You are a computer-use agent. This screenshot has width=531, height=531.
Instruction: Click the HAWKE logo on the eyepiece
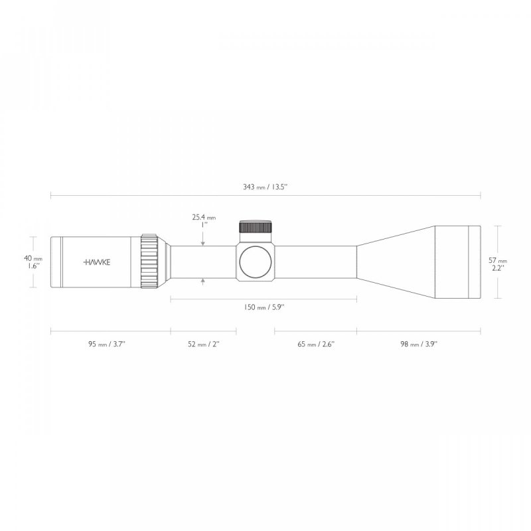pos(97,262)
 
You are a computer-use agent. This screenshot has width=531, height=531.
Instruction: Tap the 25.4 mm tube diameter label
pos(204,217)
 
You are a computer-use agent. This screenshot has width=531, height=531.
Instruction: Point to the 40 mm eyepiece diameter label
pos(34,258)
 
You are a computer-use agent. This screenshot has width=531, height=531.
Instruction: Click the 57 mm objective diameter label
pos(497,261)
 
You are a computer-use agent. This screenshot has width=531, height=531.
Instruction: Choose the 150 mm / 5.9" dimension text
pos(264,307)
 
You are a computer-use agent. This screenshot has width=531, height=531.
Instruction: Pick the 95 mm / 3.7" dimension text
pos(110,344)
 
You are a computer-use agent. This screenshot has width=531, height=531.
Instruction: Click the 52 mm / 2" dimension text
pos(203,344)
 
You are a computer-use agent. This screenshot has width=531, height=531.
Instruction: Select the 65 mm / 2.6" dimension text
pos(316,344)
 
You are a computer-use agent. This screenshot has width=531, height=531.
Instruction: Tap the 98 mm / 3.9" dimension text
pos(418,344)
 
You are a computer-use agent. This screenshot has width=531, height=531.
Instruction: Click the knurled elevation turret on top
pos(255,227)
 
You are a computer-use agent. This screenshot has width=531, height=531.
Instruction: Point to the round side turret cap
pos(255,262)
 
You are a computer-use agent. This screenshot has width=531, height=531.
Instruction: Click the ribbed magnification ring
pos(149,262)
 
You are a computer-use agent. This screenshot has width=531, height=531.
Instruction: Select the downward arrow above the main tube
pos(203,242)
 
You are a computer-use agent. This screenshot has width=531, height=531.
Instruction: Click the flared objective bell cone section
pos(395,262)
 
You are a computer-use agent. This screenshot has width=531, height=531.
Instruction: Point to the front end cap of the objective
pos(474,262)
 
